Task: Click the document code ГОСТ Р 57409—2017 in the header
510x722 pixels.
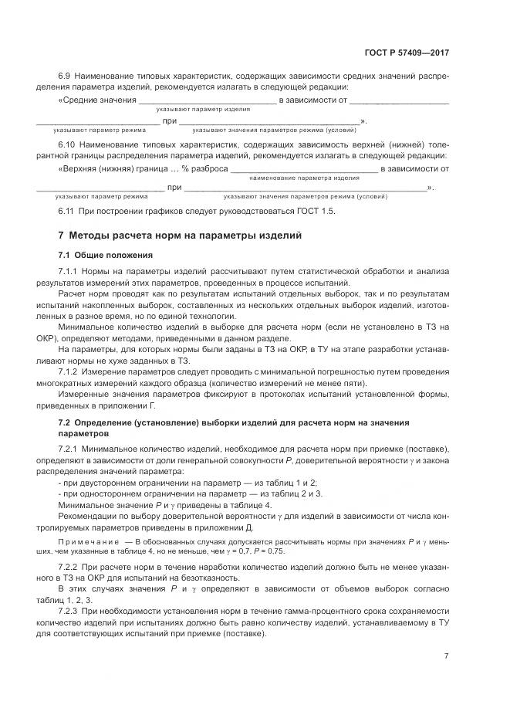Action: (x=407, y=52)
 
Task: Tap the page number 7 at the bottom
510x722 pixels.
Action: (x=447, y=656)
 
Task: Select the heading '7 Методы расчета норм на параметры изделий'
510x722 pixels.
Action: (x=181, y=234)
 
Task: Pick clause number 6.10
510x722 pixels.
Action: (x=67, y=144)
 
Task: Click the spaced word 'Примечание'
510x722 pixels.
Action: (x=89, y=544)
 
